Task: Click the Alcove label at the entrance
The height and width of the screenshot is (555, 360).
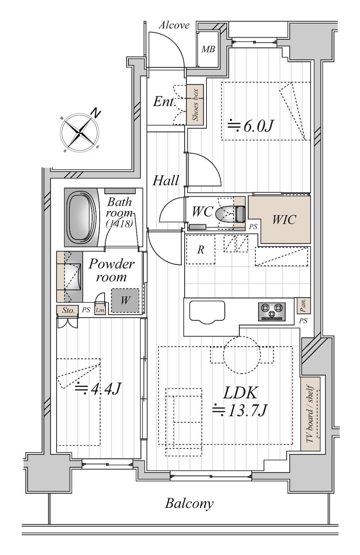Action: (x=174, y=25)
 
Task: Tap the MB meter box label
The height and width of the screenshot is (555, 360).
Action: (x=208, y=49)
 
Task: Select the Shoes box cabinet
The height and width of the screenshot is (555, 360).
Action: (x=195, y=105)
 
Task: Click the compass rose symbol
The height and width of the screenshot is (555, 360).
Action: (x=80, y=133)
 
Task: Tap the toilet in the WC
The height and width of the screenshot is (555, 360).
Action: (x=230, y=214)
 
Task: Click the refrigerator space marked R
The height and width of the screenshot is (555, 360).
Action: (x=200, y=249)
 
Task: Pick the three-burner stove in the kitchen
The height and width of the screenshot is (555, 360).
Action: (x=272, y=312)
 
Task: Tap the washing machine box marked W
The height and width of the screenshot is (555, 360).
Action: (x=125, y=300)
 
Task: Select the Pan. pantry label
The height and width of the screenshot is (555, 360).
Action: (x=303, y=305)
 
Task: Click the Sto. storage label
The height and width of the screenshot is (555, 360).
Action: (x=68, y=310)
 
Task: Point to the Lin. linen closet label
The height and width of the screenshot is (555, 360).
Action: (x=100, y=310)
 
